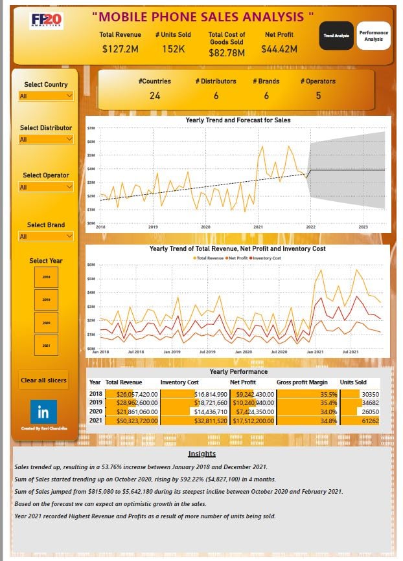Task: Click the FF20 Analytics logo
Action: (47, 21)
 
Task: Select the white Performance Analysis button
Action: (373, 36)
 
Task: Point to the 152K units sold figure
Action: (173, 49)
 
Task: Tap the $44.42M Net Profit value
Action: (279, 49)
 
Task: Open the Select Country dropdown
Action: (46, 96)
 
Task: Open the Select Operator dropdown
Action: (46, 187)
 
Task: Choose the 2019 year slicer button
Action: (46, 300)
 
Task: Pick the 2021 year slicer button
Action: (46, 346)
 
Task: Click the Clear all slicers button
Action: (44, 380)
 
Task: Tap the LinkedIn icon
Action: (44, 412)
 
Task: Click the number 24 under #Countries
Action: (155, 96)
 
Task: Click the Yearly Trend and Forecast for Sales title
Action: (238, 120)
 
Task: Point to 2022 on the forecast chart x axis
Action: (311, 227)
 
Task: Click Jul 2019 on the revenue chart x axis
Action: (207, 351)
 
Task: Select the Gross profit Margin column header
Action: (302, 382)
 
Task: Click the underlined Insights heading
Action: (201, 454)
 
